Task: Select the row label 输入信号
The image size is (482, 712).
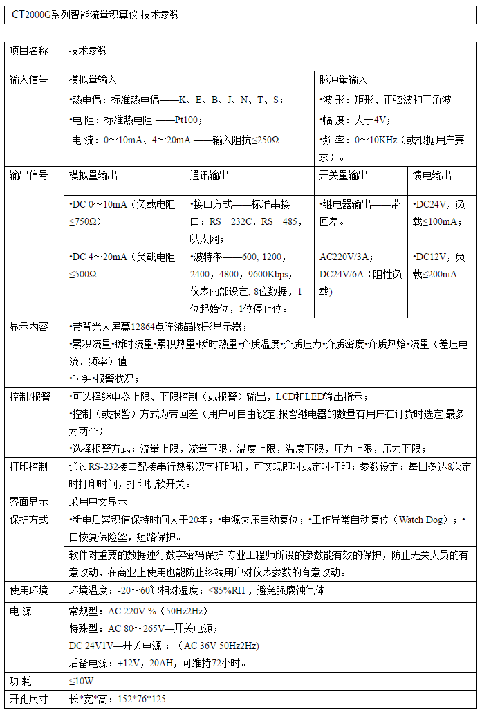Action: [28, 80]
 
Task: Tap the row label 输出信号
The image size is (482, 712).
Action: [28, 175]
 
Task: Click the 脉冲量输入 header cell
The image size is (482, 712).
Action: [344, 80]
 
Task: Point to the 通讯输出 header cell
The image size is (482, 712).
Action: [210, 175]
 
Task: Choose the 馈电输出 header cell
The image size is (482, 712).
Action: [432, 175]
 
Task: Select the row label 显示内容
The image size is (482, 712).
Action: [28, 327]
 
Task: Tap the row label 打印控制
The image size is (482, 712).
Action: [28, 466]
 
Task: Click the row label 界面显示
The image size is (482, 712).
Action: [28, 502]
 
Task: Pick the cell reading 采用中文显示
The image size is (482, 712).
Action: [98, 502]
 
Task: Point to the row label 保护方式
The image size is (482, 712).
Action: [28, 519]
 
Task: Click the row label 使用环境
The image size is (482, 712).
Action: [28, 590]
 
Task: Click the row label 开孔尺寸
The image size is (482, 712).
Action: [28, 699]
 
